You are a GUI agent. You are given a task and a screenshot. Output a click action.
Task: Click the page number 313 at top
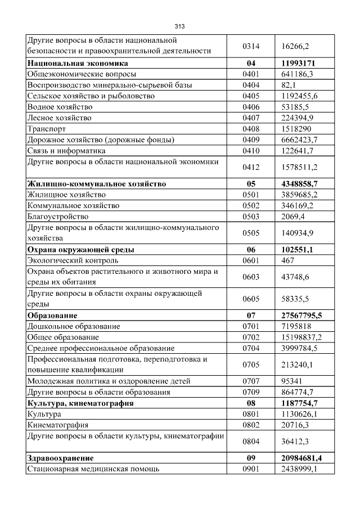179,26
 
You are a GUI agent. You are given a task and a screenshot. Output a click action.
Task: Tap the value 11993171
301,63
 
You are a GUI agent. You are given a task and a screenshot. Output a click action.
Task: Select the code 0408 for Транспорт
250,129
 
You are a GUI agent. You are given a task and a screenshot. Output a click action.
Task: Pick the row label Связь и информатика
66,151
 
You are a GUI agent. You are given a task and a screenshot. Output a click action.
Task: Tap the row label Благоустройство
58,217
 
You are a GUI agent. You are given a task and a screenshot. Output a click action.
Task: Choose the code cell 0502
250,206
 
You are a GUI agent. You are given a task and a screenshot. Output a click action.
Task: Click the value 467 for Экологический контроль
289,260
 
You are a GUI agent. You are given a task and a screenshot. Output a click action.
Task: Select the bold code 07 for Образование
250,316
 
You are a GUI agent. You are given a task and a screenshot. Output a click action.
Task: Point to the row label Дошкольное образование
74,326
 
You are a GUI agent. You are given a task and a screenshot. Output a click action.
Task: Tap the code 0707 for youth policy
250,381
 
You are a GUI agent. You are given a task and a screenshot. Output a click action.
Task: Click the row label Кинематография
58,425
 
